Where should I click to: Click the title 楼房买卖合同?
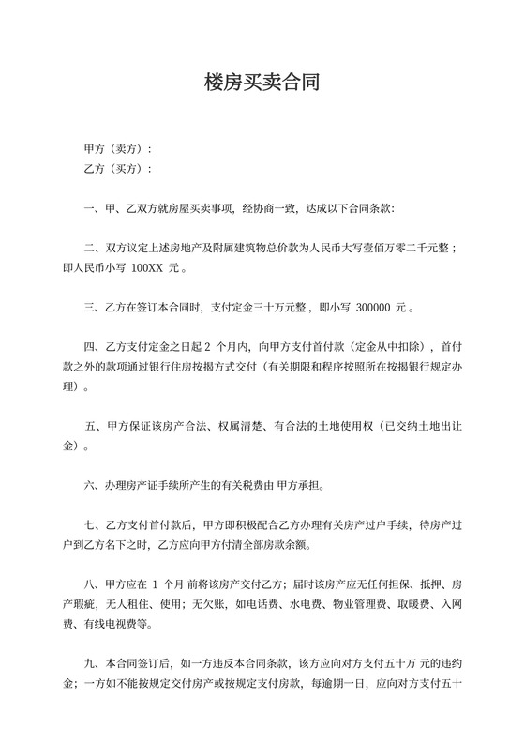[x=262, y=83]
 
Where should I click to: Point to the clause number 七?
[x=90, y=525]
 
